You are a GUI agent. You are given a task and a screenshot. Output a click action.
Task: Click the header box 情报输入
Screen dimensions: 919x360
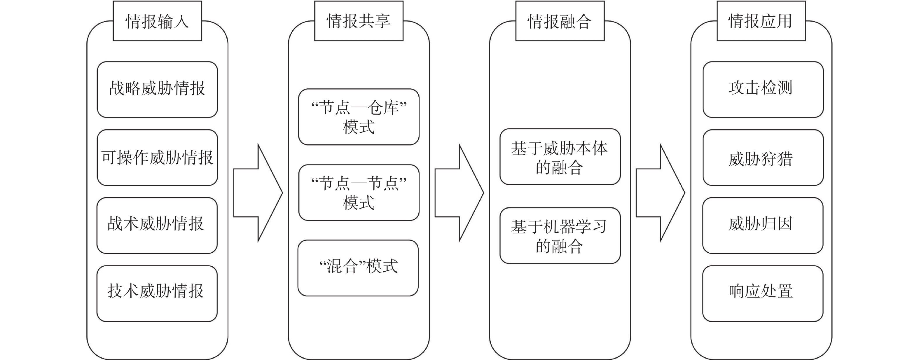tap(157, 21)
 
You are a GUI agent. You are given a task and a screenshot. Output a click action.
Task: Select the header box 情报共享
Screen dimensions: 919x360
tap(359, 21)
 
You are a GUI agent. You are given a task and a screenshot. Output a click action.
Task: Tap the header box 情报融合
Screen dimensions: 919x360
tap(560, 21)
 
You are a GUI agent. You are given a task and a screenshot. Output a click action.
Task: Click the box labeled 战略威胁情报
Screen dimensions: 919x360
tap(157, 90)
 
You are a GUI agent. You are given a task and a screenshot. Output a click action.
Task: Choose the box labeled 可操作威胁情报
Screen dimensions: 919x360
tap(157, 157)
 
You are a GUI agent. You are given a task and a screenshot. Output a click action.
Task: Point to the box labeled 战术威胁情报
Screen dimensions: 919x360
tap(157, 226)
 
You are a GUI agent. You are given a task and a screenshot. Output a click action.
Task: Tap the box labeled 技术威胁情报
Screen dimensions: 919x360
tap(157, 293)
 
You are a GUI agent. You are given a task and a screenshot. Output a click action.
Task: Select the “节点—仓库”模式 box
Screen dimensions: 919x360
tap(359, 117)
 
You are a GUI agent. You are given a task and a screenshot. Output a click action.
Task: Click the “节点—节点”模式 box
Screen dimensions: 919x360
tap(359, 192)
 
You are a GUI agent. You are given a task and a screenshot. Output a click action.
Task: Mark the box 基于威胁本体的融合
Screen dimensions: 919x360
tap(560, 157)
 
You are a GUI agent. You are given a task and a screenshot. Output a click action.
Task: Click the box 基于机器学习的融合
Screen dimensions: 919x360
tap(560, 235)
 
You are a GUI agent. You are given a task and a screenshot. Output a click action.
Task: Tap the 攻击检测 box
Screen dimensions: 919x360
tap(763, 90)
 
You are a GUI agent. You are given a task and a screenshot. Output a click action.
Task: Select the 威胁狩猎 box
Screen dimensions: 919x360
tap(763, 157)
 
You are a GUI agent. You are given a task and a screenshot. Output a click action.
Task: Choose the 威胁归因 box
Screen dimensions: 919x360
tap(763, 226)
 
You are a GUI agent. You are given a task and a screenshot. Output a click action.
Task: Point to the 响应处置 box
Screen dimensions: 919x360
tap(763, 293)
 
